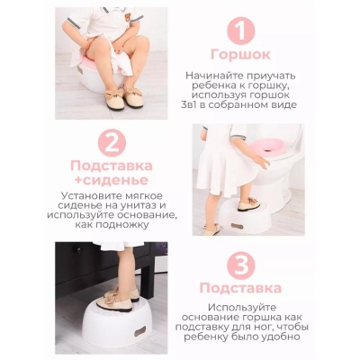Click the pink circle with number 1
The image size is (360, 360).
coord(241,31)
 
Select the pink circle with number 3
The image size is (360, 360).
coord(240,265)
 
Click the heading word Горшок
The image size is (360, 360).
coord(240,55)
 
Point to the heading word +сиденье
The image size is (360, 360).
coord(112,180)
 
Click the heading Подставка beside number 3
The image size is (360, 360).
coord(240,288)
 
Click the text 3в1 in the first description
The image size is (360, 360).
coord(199,105)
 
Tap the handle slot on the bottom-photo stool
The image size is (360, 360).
coord(139,332)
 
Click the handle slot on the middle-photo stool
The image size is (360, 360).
coord(238,226)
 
